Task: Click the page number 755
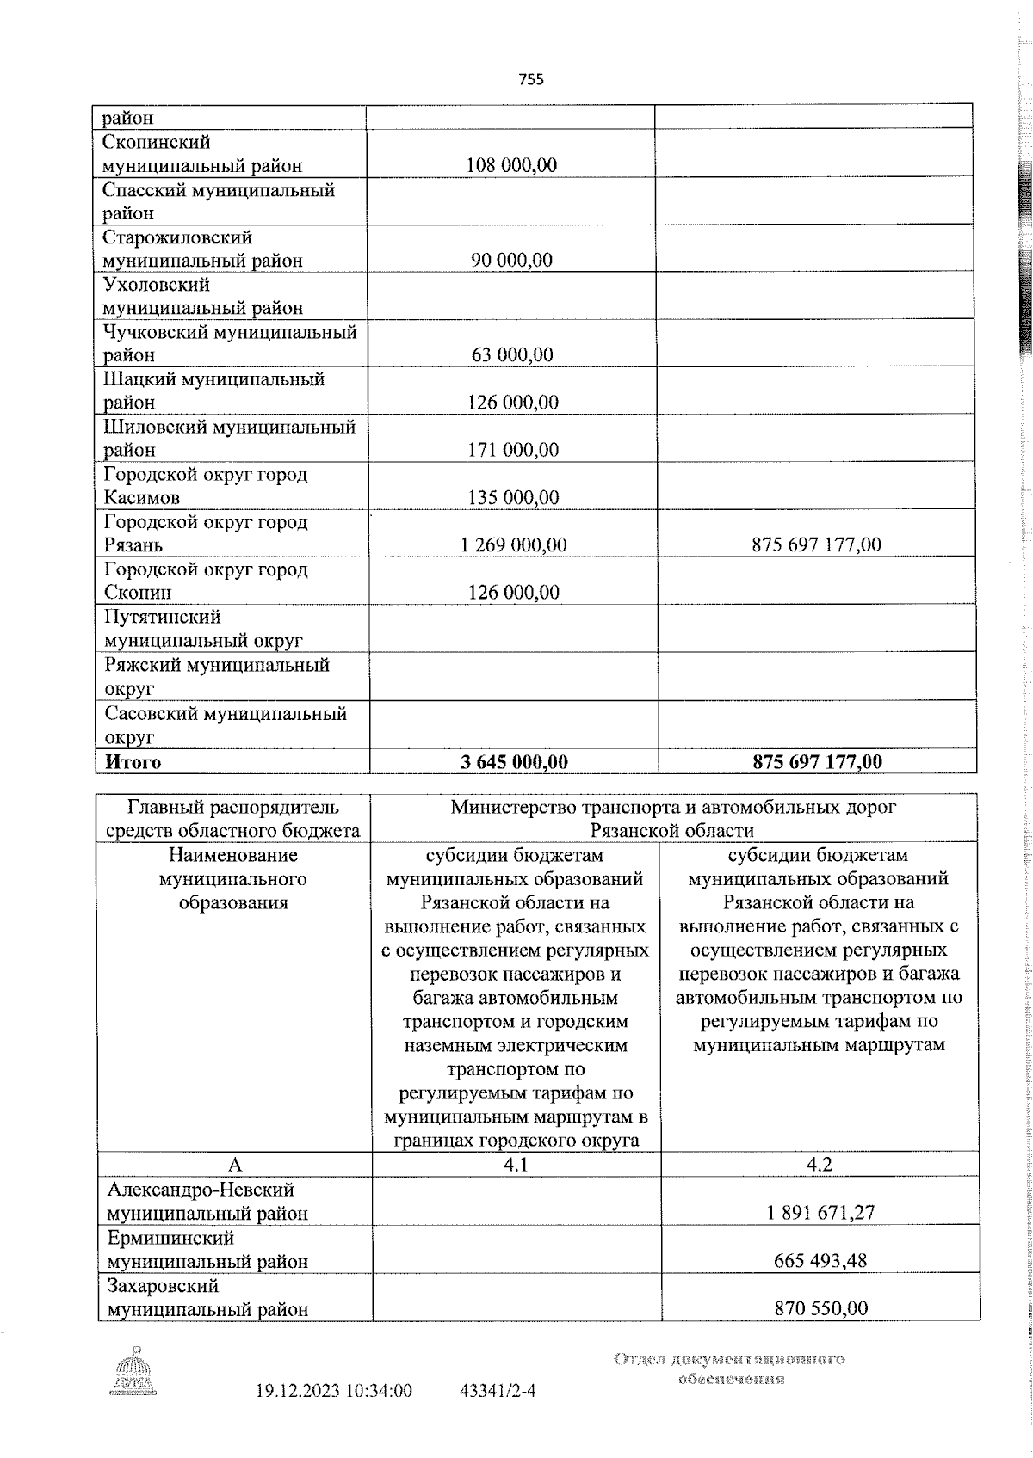coord(531,79)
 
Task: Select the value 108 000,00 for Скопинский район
coord(511,165)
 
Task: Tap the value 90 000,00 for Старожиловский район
coord(511,260)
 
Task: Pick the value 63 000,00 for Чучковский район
coord(511,354)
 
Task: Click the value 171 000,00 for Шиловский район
coord(512,449)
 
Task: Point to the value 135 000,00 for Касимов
coord(512,497)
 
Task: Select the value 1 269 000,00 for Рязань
coord(514,544)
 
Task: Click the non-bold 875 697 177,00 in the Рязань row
coord(816,544)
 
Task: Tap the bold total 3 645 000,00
coord(514,761)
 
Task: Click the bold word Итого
coord(133,761)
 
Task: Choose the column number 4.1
coord(516,1164)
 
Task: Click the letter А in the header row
coord(234,1165)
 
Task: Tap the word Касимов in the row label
coord(142,497)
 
